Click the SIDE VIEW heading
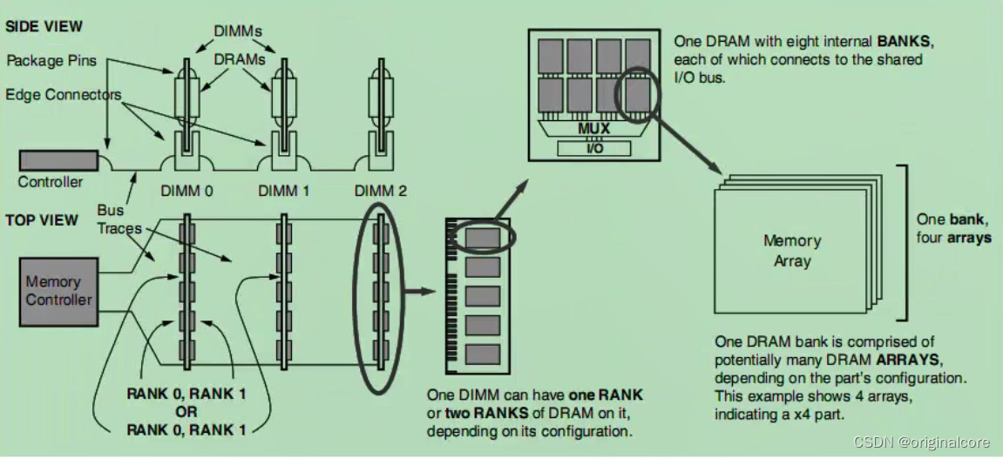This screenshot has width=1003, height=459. pos(44,27)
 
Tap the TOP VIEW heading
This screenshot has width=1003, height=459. pos(41,221)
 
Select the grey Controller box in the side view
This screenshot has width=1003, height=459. pos(58,160)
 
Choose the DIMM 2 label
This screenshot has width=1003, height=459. pos(381,191)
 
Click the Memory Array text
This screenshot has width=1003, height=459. pos(791,250)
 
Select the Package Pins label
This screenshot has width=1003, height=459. pos(50,61)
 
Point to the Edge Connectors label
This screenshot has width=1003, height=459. pos(63,94)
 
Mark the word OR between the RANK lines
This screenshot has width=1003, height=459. pos(186,411)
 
